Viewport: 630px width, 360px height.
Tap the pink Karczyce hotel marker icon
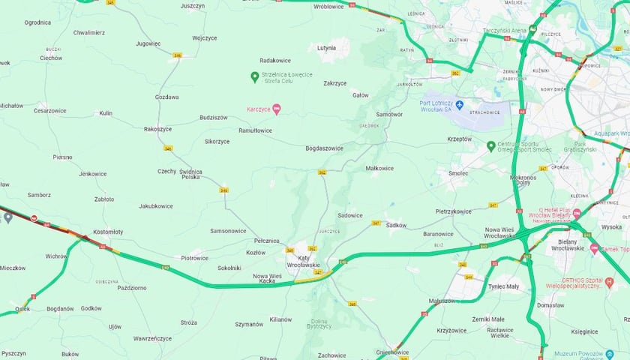[x=276, y=110]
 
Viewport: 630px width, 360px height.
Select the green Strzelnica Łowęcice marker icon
[x=254, y=76]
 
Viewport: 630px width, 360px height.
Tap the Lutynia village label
[x=326, y=47]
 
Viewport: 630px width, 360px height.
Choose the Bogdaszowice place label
[x=324, y=148]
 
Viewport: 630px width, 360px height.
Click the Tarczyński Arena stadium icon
[x=532, y=30]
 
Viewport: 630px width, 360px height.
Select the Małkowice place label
[x=379, y=168]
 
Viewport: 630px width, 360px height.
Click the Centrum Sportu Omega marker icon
[x=490, y=145]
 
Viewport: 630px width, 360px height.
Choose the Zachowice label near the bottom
[x=331, y=355]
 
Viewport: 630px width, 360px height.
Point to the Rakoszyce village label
[x=157, y=129]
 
